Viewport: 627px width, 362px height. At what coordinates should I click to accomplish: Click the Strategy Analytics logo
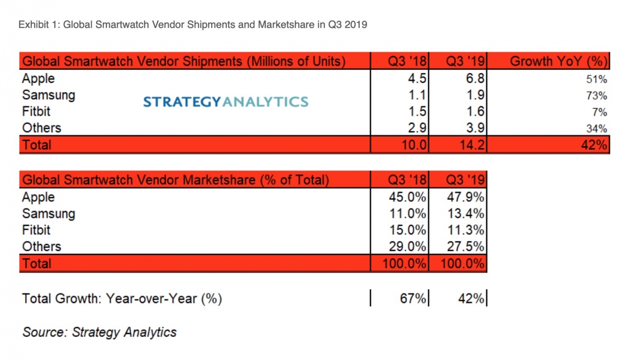point(226,101)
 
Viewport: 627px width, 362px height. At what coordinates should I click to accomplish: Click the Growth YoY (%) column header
point(558,62)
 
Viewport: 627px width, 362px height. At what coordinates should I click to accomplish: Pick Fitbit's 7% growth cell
point(602,112)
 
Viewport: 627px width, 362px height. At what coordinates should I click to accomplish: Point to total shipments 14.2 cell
point(471,145)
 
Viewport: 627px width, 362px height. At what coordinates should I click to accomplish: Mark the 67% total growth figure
point(413,298)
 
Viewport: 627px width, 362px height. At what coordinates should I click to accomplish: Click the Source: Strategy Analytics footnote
point(99,332)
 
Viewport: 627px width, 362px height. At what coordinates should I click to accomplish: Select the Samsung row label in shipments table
point(48,95)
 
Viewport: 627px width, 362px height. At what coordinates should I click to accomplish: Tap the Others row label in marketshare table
point(42,246)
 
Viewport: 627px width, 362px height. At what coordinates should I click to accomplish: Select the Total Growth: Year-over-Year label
point(122,298)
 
